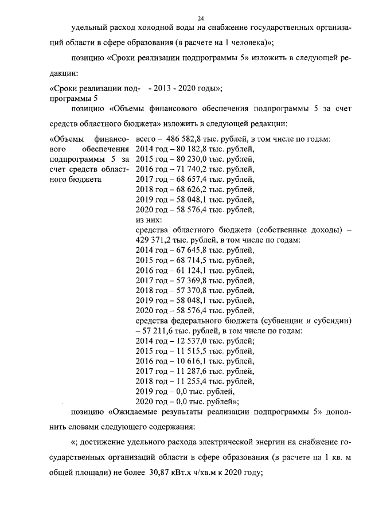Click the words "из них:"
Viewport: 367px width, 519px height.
148,220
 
